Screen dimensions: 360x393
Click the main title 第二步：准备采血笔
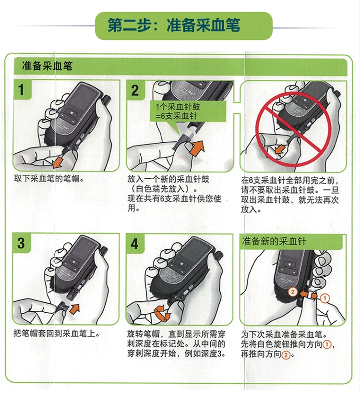pyautogui.click(x=174, y=25)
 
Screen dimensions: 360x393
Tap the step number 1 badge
pyautogui.click(x=22, y=90)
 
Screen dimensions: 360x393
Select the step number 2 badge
pyautogui.click(x=135, y=90)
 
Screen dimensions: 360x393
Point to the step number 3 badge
pyautogui.click(x=22, y=243)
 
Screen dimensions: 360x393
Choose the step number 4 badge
pyautogui.click(x=135, y=244)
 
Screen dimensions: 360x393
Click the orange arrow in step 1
pyautogui.click(x=57, y=161)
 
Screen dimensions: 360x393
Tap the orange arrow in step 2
pyautogui.click(x=197, y=148)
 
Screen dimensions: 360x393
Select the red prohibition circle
pyautogui.click(x=293, y=129)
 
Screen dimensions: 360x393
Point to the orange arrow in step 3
pyautogui.click(x=74, y=309)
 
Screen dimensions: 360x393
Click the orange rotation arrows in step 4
pyautogui.click(x=162, y=313)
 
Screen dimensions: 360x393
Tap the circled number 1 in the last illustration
pyautogui.click(x=325, y=298)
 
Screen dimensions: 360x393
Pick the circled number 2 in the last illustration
pyautogui.click(x=293, y=292)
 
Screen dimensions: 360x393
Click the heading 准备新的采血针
pyautogui.click(x=274, y=242)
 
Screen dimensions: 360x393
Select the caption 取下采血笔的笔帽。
pyautogui.click(x=49, y=179)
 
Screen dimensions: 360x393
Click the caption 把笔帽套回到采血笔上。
pyautogui.click(x=57, y=333)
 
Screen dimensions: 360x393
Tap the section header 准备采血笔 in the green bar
pyautogui.click(x=47, y=66)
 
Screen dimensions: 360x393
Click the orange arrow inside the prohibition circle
pyautogui.click(x=280, y=149)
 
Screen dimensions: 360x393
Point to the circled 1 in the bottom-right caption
pyautogui.click(x=326, y=344)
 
